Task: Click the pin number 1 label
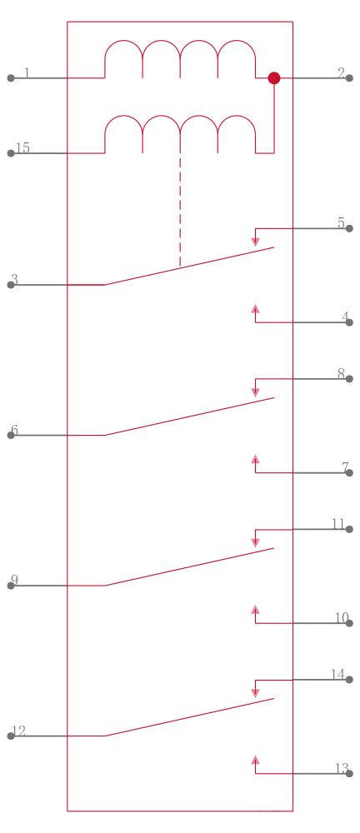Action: [27, 72]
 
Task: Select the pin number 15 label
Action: [22, 147]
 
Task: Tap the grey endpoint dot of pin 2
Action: [349, 78]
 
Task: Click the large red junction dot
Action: [274, 78]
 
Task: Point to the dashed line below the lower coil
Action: [180, 209]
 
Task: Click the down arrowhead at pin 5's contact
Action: [255, 242]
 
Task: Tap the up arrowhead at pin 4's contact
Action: [255, 309]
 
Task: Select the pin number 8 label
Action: [342, 373]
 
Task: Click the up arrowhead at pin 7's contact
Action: [255, 459]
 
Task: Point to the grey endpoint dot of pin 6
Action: [11, 435]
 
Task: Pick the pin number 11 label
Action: [338, 524]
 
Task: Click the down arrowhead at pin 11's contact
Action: [255, 543]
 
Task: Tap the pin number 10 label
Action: [342, 618]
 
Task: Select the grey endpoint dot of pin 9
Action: [11, 586]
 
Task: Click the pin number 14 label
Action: [338, 674]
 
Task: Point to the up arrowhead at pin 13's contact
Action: [255, 760]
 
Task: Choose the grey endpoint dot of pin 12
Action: [11, 736]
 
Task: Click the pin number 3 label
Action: [14, 279]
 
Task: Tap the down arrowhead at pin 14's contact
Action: [255, 693]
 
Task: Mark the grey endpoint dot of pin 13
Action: [349, 774]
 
